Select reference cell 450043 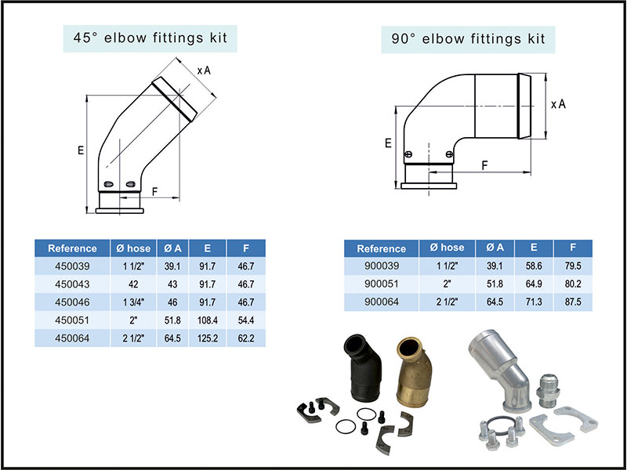pos(72,284)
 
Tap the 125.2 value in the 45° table pos(207,338)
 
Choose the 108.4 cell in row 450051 pos(207,320)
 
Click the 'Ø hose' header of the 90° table pos(448,248)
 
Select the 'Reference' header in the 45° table pos(72,248)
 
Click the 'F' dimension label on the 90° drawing pos(485,165)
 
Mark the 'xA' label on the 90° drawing pos(558,103)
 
